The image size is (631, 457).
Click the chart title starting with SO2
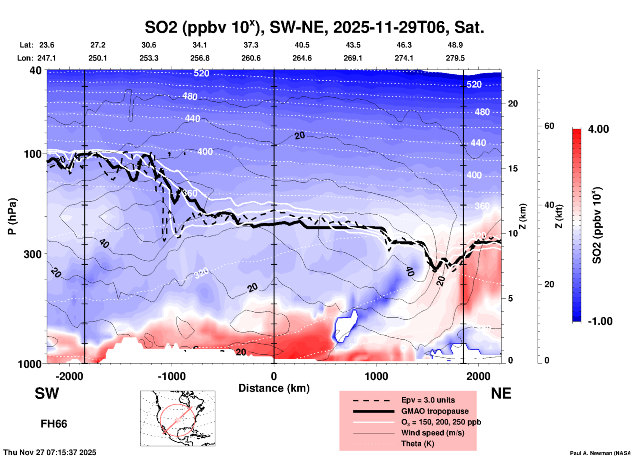coord(315,27)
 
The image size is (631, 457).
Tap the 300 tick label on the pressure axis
coord(32,254)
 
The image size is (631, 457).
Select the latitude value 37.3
coord(251,45)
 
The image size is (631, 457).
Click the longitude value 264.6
coord(302,58)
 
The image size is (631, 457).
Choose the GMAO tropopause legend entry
coord(434,411)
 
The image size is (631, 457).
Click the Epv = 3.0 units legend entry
coord(428,400)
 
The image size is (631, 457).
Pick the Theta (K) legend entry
coord(417,444)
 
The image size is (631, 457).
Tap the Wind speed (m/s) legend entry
coord(432,433)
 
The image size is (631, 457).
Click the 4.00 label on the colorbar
coord(598,129)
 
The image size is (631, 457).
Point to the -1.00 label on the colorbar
coord(600,321)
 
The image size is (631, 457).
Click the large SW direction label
coord(47,393)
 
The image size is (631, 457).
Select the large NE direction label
coord(501,393)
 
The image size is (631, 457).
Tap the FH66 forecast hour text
coord(54,424)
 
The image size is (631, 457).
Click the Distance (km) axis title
coord(274,388)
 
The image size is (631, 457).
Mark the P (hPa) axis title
coord(12,216)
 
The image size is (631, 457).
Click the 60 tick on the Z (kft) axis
coord(549,126)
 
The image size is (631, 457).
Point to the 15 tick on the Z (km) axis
coord(513,169)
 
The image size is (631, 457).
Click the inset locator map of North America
coord(178,418)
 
